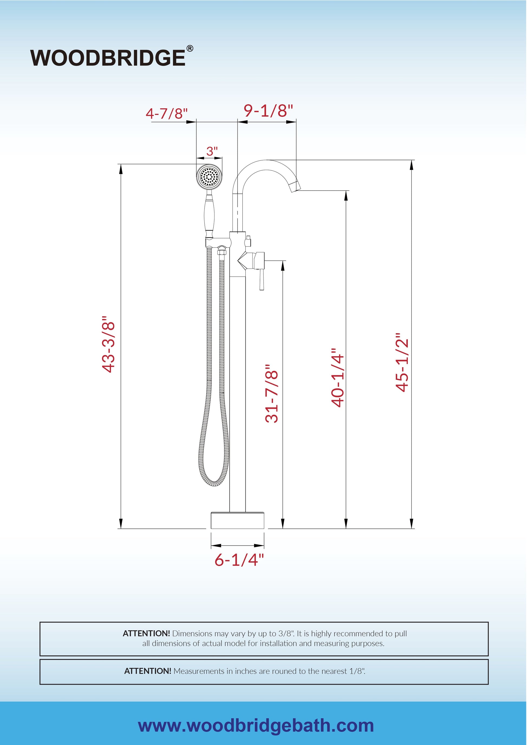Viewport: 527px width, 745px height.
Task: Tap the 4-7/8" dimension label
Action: coord(167,114)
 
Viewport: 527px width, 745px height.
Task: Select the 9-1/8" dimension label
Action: coord(268,111)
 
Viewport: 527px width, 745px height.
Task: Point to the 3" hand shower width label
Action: coord(212,151)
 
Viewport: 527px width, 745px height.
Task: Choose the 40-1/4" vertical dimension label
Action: coord(337,378)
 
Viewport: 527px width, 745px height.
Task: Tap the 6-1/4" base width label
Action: coord(239,560)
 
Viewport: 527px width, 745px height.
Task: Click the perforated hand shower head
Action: coord(209,177)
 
